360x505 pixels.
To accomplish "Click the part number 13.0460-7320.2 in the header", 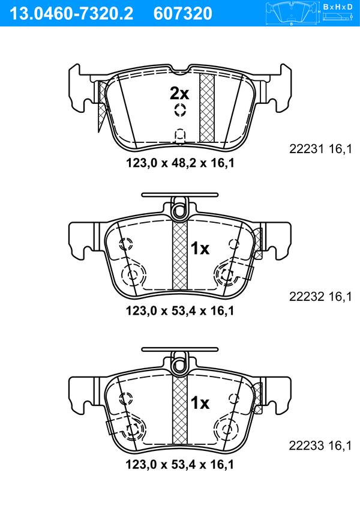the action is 71,14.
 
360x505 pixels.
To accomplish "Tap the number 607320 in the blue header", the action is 183,14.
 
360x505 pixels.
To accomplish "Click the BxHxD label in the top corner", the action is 337,7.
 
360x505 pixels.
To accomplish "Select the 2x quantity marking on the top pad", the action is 179,94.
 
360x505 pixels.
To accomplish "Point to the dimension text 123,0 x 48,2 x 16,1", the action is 180,163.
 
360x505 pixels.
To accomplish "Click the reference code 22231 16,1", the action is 320,149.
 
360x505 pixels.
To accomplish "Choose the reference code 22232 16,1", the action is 320,296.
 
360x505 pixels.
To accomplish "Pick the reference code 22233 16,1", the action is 320,446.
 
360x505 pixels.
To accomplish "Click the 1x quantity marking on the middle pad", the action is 200,249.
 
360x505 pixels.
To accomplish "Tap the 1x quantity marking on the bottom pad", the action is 200,403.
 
